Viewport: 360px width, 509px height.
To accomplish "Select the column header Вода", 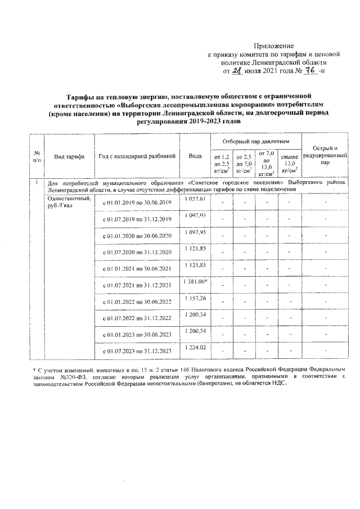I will [x=195, y=156].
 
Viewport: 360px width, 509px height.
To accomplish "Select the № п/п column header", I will [x=37, y=156].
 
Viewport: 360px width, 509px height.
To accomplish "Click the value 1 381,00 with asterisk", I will [x=196, y=281].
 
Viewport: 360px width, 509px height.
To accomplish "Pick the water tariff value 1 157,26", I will [x=195, y=298].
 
